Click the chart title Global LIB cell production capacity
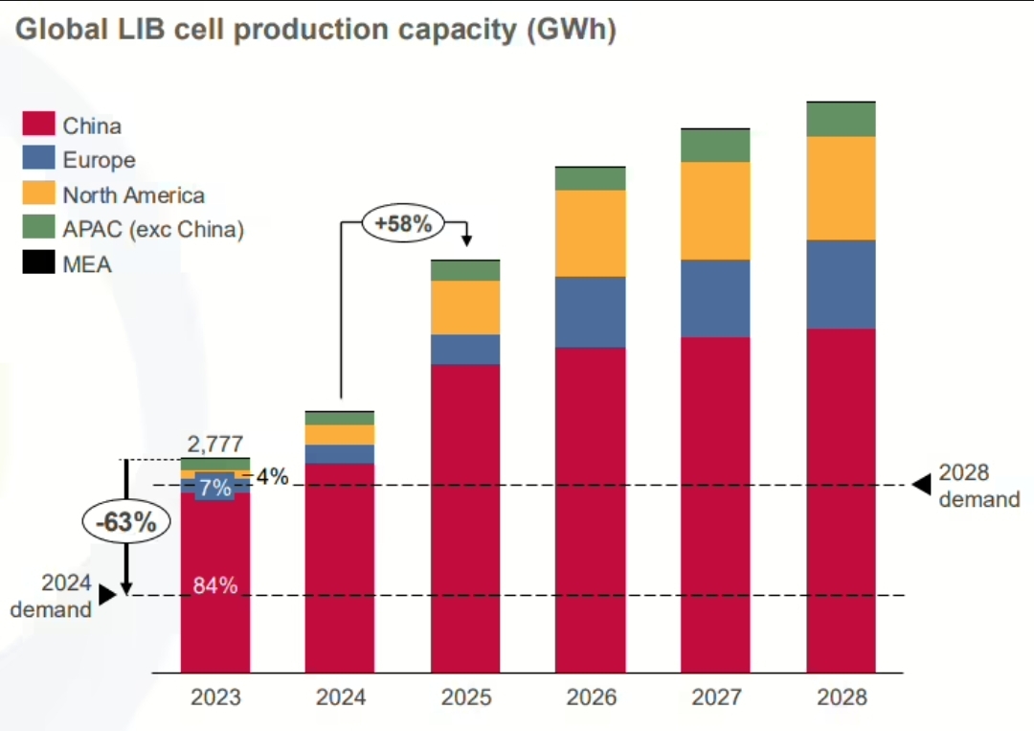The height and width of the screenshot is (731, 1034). click(x=316, y=30)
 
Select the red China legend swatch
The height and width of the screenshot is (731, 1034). click(x=38, y=125)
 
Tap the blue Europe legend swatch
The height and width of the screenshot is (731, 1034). click(x=38, y=159)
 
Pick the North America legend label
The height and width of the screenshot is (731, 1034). click(x=133, y=195)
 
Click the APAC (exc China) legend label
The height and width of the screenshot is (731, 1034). click(x=153, y=230)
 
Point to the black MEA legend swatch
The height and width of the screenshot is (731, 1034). click(x=38, y=263)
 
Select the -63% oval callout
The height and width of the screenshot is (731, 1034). click(x=125, y=522)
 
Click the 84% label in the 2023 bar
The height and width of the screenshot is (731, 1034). click(x=215, y=585)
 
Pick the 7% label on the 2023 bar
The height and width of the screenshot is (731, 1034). click(x=215, y=488)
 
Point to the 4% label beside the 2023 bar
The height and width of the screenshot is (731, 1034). click(x=271, y=476)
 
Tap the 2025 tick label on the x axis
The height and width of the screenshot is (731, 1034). click(x=465, y=697)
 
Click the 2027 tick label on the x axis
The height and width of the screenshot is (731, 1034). click(x=716, y=697)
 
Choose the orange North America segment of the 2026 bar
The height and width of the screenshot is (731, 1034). click(x=591, y=233)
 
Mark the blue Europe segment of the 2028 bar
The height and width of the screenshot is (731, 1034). click(x=842, y=284)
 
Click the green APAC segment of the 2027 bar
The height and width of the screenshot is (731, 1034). click(x=716, y=146)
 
